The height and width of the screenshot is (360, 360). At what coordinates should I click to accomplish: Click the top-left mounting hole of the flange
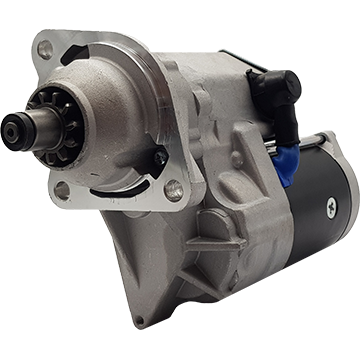pos(44,47)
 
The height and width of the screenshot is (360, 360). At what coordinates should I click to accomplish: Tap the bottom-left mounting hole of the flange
pos(63,191)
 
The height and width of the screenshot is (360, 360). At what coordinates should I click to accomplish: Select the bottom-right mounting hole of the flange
pos(174,187)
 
